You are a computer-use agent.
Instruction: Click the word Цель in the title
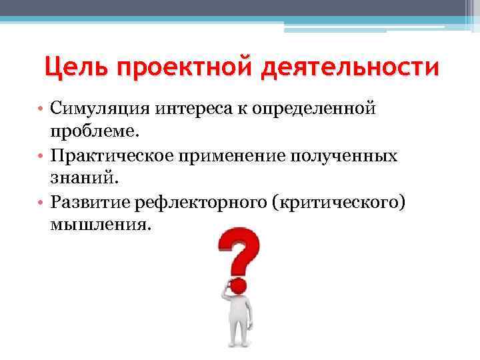click(x=73, y=68)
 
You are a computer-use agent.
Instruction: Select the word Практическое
click(x=107, y=156)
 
